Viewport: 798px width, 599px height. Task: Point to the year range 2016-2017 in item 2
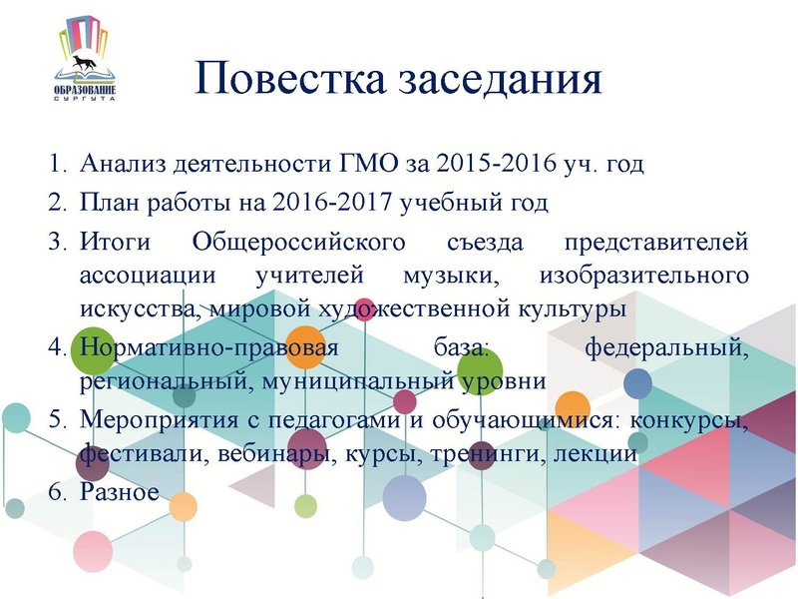click(337, 204)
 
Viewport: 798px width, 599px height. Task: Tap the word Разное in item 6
click(119, 492)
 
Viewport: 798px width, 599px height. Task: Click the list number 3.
click(56, 243)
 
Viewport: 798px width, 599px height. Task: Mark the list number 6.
click(56, 492)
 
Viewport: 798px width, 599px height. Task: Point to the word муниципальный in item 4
click(369, 381)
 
